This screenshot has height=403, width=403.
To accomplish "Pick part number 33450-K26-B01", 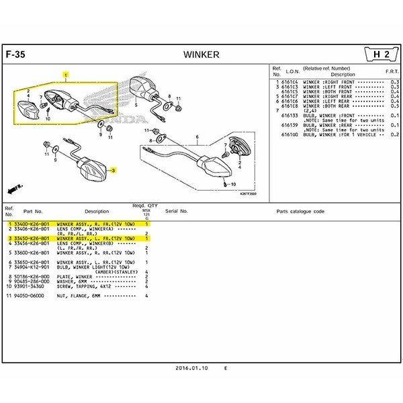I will tap(31, 238).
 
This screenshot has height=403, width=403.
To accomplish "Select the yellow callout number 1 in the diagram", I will tap(65, 76).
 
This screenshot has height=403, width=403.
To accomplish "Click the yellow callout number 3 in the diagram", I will tap(114, 171).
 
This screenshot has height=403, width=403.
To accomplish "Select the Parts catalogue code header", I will tap(300, 211).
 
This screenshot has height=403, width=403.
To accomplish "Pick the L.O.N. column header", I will tap(293, 71).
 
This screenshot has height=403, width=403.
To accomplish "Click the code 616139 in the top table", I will tap(290, 124).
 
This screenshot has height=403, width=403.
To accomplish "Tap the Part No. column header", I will tap(33, 211).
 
